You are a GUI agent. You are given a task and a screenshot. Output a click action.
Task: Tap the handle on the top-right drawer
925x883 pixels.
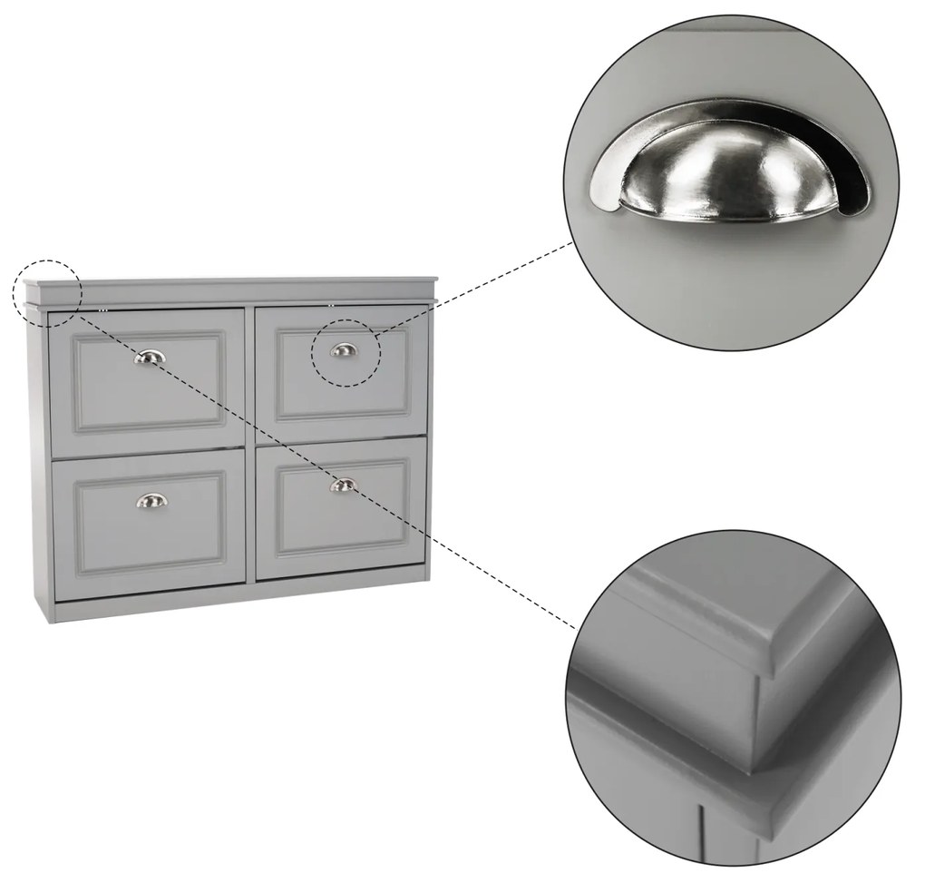pyautogui.click(x=344, y=349)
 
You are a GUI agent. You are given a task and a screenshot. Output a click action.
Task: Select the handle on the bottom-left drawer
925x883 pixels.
pyautogui.click(x=151, y=500)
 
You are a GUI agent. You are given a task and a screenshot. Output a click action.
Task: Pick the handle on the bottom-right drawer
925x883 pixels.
pyautogui.click(x=343, y=486)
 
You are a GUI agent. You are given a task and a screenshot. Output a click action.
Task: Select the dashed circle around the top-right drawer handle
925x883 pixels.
pyautogui.click(x=345, y=352)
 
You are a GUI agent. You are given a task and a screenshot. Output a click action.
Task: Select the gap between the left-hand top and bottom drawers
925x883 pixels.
pyautogui.click(x=148, y=454)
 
